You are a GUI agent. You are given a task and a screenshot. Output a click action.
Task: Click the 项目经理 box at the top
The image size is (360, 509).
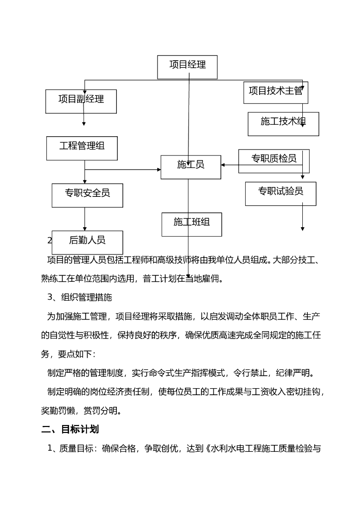point(187,67)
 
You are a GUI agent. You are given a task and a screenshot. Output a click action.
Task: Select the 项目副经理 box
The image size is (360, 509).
point(81,101)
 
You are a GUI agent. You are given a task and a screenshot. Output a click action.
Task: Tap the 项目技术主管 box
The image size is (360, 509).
point(275,92)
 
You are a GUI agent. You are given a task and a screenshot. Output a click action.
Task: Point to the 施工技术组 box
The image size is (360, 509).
point(283,123)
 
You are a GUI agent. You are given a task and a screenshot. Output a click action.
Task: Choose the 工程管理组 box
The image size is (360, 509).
point(82,148)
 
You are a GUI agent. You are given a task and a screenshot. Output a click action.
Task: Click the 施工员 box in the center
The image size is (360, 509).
point(190,167)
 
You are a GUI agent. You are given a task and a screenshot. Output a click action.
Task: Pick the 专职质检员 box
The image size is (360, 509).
point(273,161)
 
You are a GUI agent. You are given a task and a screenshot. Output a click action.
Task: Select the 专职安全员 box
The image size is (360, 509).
point(87,195)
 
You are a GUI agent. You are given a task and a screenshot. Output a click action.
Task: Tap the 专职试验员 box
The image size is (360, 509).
point(280,193)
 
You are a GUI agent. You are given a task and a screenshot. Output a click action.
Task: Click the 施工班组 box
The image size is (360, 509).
point(191,224)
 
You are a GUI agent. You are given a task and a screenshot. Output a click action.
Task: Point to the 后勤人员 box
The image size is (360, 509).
point(87,242)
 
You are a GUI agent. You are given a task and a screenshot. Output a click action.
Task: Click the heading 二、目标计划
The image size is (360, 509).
point(70,429)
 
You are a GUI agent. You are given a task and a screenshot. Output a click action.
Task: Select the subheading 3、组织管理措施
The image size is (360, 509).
point(80,297)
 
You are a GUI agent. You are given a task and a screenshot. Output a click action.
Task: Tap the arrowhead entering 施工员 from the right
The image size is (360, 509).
point(223,165)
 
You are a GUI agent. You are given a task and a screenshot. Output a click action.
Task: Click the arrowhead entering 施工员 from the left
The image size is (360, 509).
point(159,170)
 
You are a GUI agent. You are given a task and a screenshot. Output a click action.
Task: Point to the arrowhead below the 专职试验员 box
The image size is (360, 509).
point(302,229)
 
